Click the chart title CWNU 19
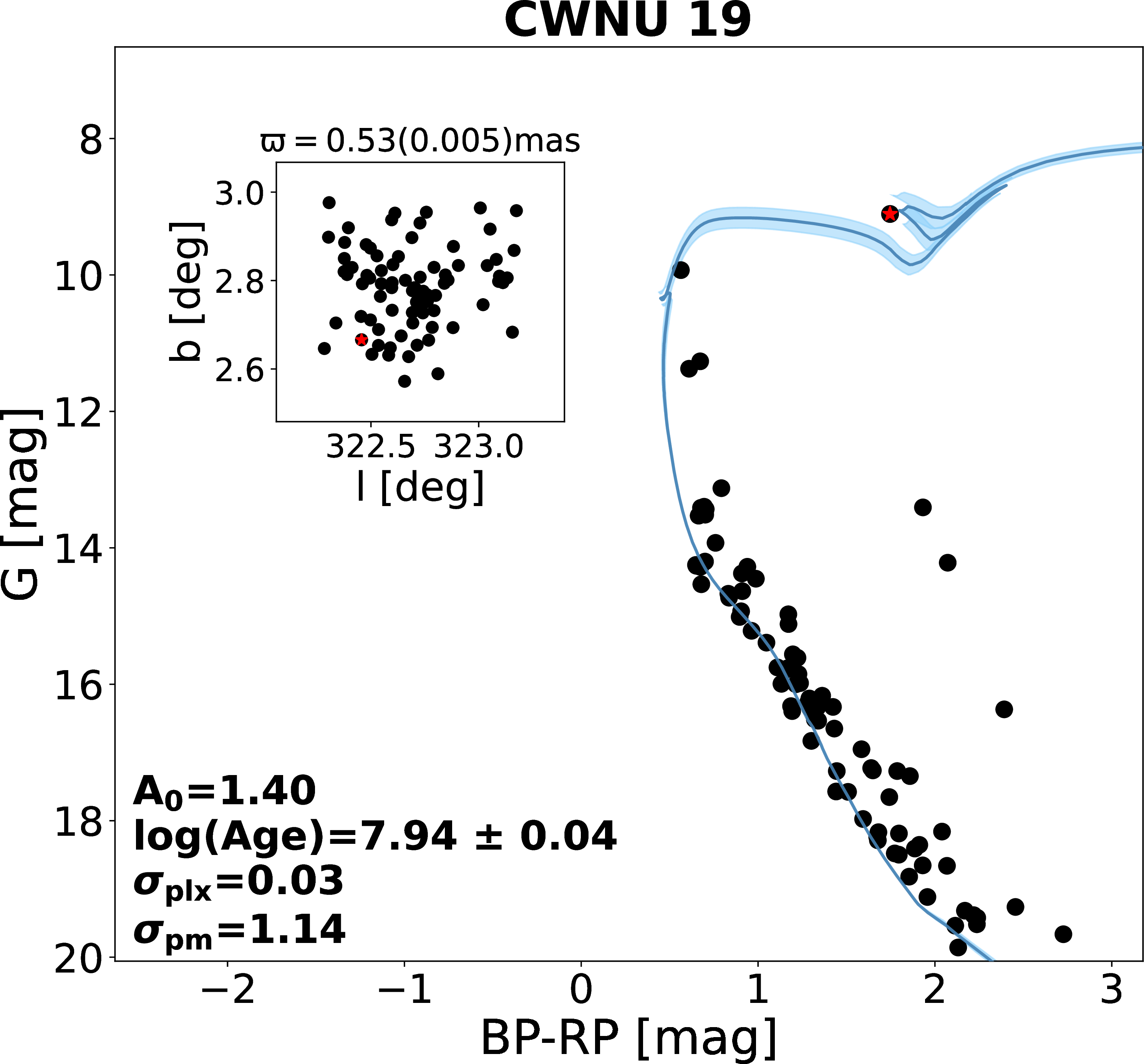pos(627,21)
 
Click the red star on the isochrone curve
pos(890,214)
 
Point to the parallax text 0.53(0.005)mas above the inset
pos(420,141)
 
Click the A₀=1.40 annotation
pos(224,791)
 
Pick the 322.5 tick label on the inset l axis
pos(370,447)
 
